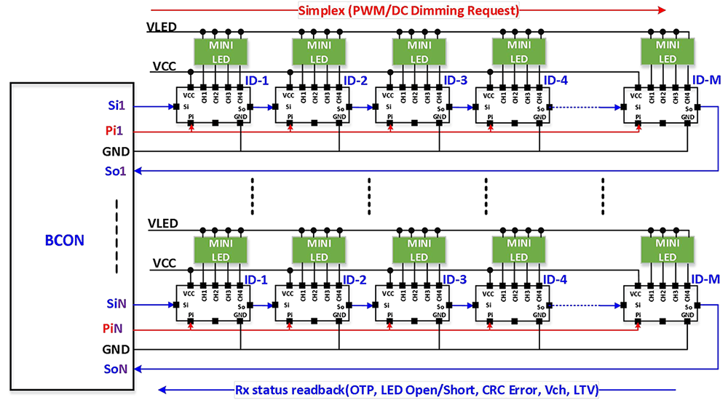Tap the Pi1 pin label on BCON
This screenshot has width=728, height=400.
[x=114, y=132]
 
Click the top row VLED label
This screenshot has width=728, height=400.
[x=162, y=28]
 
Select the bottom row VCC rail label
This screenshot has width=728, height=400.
[x=165, y=263]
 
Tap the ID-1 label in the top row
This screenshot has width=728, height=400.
[x=256, y=80]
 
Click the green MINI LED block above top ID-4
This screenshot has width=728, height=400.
[x=519, y=52]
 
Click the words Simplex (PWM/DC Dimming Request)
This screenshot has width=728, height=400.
[x=408, y=10]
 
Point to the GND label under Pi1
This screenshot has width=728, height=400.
[x=116, y=151]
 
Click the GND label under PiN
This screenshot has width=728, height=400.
[x=116, y=349]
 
